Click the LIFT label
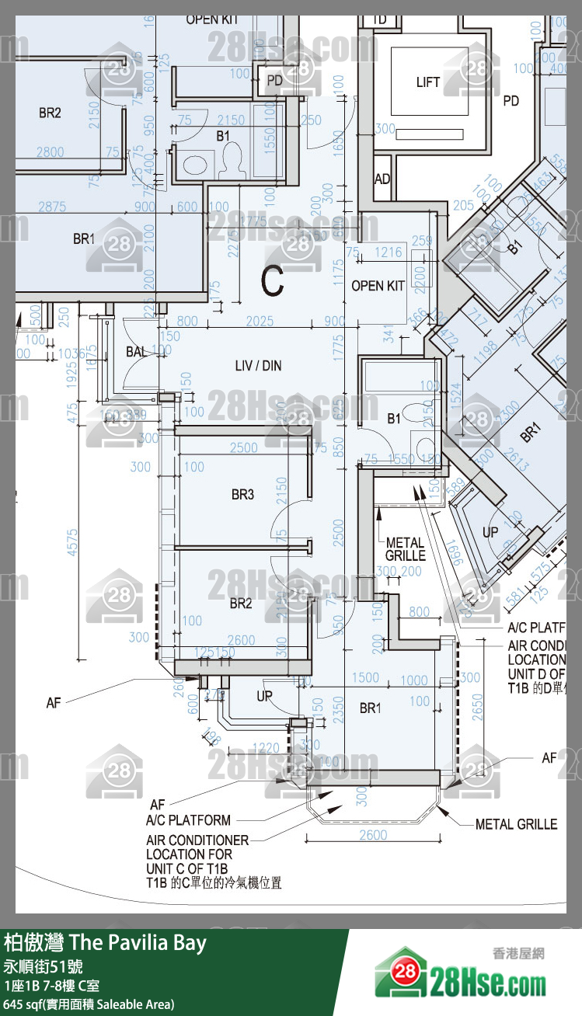click(427, 82)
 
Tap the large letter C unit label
click(272, 282)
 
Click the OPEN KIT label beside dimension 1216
click(378, 286)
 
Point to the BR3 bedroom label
click(242, 494)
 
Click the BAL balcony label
click(136, 352)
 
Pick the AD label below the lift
click(382, 179)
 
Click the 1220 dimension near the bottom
click(267, 748)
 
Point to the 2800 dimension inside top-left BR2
click(50, 152)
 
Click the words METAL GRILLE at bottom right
click(516, 824)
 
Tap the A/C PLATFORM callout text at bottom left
click(188, 820)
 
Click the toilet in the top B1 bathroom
click(229, 159)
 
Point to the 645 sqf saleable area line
click(89, 1004)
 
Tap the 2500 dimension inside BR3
click(244, 448)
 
